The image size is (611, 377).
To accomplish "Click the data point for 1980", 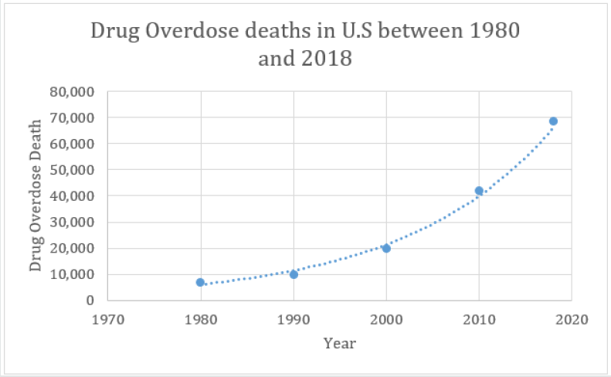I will [200, 283].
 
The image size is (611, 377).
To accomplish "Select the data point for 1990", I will [294, 274].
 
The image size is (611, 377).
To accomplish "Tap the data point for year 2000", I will [386, 248].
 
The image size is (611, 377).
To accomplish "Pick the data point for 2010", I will [479, 191].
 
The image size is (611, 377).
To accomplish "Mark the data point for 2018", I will [553, 121].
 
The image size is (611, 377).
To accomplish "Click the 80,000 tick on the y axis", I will [72, 92].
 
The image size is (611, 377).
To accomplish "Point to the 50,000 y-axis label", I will [72, 170].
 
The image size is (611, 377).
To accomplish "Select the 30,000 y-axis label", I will [72, 222].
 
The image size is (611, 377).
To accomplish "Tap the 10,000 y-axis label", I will [72, 274].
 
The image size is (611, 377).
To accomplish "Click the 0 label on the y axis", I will [90, 301].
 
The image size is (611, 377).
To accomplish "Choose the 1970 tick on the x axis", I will [107, 318].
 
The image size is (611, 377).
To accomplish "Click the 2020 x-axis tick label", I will [572, 318].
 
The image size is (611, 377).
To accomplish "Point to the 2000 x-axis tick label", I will [386, 318].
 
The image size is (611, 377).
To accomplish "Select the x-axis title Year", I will [339, 343].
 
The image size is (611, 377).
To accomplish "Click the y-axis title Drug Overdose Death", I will [36, 196].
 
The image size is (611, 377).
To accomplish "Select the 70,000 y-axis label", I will [72, 118].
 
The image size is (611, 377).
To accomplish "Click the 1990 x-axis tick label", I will [294, 318].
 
